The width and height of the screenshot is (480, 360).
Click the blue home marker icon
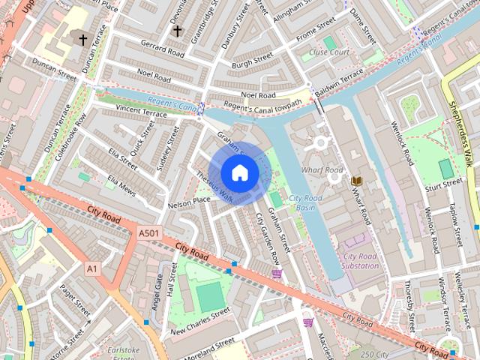point(239,173)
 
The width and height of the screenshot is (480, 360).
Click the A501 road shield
point(149,234)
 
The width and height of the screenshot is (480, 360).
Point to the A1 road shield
point(92,268)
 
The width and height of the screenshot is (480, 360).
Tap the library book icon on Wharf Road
point(356,181)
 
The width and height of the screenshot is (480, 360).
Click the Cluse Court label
point(328,52)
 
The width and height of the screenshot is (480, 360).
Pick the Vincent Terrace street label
point(141,111)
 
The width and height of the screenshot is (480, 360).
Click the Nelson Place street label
point(189,200)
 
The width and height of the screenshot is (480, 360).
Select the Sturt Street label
point(443,183)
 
